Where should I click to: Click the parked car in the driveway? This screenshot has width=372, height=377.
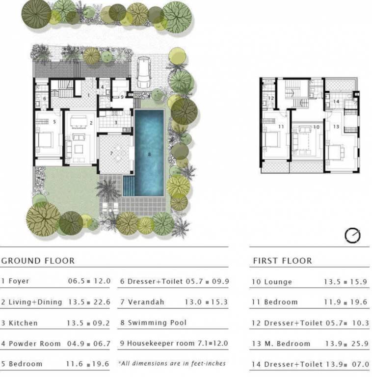tap(144, 72)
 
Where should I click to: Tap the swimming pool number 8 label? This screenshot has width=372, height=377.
tap(149, 154)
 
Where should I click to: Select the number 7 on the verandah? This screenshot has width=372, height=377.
tap(111, 153)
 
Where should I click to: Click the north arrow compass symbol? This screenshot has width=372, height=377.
tap(352, 235)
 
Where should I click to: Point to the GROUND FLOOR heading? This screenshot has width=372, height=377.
tap(38, 261)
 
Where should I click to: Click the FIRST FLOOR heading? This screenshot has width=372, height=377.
tap(282, 261)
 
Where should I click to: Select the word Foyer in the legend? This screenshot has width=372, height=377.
tap(19, 281)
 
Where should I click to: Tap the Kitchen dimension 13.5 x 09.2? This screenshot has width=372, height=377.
tap(88, 323)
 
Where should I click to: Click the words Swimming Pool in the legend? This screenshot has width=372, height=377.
tap(157, 323)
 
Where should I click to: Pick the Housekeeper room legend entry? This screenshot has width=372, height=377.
tap(174, 343)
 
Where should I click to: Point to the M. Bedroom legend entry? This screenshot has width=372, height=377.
tap(310, 344)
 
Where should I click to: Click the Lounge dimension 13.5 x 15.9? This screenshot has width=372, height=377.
tap(345, 282)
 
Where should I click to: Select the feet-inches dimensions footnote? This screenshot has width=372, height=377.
tap(172, 363)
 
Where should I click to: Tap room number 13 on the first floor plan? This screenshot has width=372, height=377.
tap(336, 127)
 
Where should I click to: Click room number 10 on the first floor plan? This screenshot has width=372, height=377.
tap(316, 127)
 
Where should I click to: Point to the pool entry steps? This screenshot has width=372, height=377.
tap(129, 186)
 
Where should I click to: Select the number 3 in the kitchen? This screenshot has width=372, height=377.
tap(116, 123)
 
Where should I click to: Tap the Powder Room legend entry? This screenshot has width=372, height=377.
tap(56, 344)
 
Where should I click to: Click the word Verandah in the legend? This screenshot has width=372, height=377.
tap(146, 302)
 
